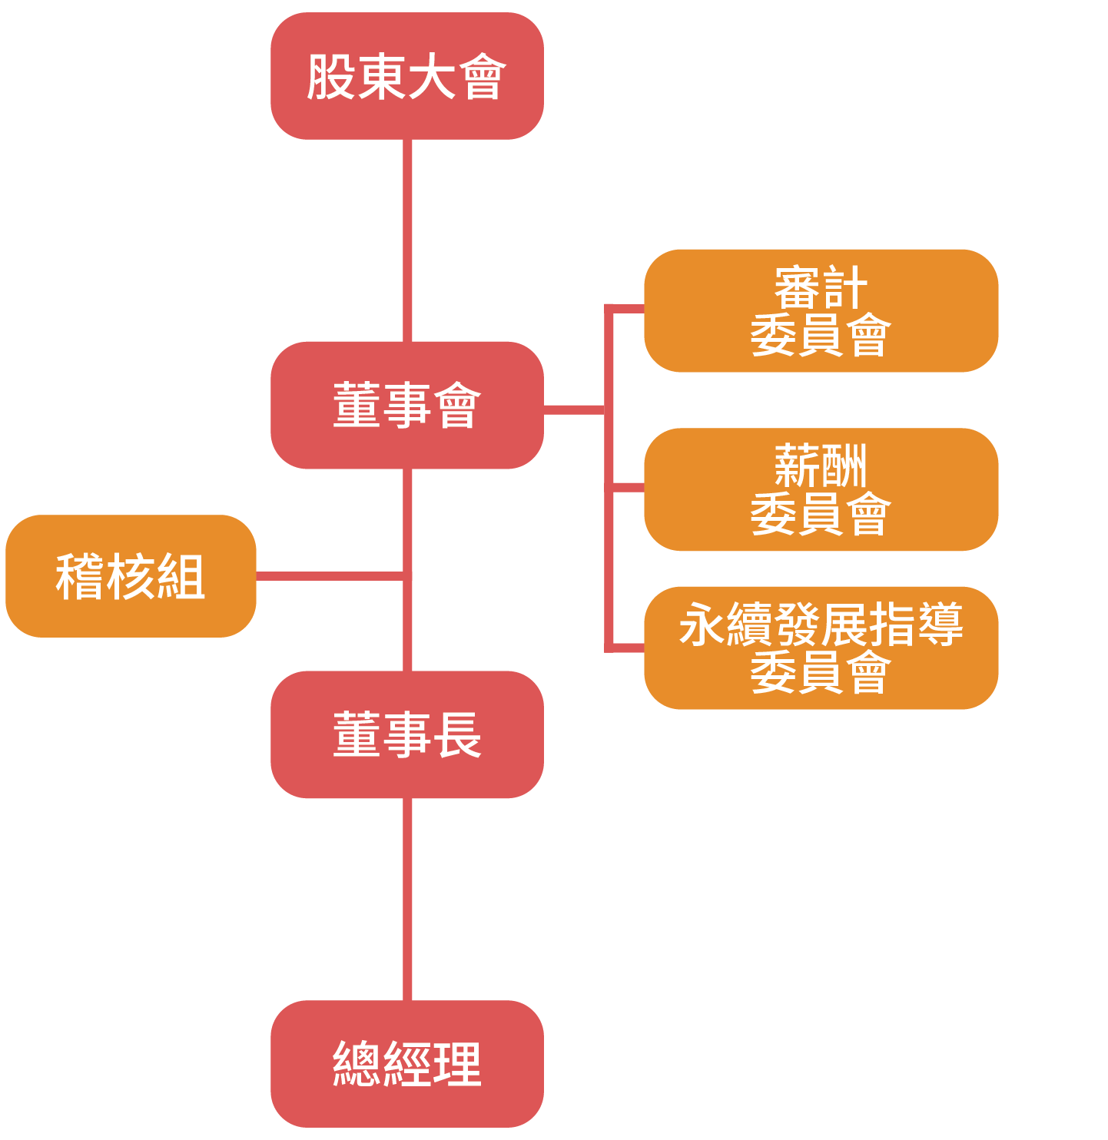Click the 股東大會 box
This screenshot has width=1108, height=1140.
coord(406,76)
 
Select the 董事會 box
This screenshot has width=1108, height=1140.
coord(406,405)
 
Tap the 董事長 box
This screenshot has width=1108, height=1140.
coord(406,734)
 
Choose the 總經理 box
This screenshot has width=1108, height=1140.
coord(406,1063)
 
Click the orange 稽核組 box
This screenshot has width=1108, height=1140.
coord(131,576)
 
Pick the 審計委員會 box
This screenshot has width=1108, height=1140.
coord(821,310)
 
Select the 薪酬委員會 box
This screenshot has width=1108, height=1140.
coord(821,489)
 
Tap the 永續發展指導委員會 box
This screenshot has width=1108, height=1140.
coord(821,648)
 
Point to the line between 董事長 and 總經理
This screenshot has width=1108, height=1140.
coord(407,899)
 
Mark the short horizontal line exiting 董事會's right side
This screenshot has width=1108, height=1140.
coord(574,409)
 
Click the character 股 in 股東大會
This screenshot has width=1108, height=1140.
coord(331,77)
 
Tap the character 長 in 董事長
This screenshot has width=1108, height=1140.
coord(457,735)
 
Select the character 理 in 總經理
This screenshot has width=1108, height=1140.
coord(457,1064)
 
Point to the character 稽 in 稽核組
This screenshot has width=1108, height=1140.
coord(80,576)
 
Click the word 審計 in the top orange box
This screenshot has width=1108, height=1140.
coord(821,288)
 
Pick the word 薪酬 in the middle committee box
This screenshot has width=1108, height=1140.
coord(821,466)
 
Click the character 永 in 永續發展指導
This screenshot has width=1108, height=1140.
coord(702,625)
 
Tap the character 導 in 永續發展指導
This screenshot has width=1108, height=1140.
coord(940,625)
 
